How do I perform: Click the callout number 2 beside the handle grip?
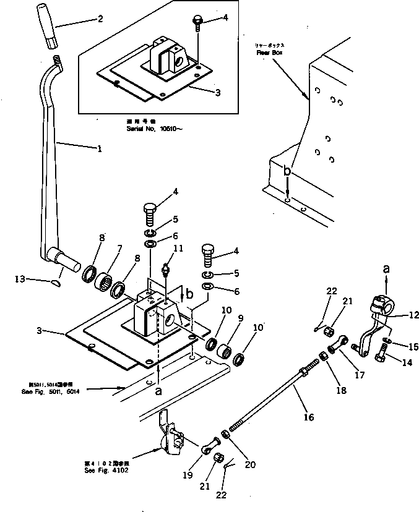point(100,19)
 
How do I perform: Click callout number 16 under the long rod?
point(309,417)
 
